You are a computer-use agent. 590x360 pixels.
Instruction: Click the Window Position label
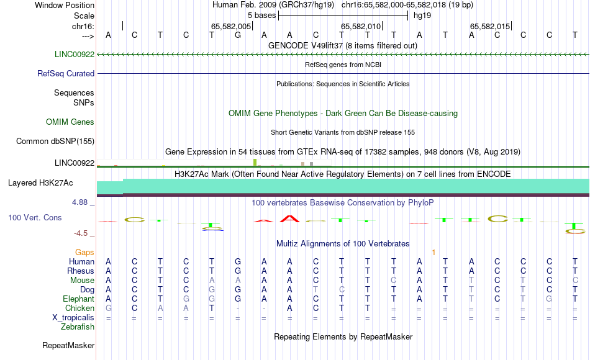65,5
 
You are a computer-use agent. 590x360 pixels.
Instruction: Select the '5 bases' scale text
261,16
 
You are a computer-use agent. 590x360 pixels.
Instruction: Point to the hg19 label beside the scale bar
422,16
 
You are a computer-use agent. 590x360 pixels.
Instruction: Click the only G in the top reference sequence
238,35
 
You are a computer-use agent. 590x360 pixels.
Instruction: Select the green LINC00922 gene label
75,54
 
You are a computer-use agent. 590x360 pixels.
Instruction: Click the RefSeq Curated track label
66,73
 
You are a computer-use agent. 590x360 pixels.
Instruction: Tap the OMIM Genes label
70,122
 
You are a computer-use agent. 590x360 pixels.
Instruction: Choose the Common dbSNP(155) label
55,141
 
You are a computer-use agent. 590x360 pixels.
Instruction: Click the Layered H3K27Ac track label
40,183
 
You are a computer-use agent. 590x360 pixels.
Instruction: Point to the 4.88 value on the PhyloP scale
79,202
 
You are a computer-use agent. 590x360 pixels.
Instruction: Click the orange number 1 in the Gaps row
434,253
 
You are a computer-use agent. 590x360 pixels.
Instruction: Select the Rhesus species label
81,271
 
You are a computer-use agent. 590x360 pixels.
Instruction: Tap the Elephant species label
79,299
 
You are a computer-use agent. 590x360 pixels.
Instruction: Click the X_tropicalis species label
73,318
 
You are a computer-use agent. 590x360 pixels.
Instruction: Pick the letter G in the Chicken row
108,308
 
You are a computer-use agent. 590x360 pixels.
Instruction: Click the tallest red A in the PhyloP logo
290,218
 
